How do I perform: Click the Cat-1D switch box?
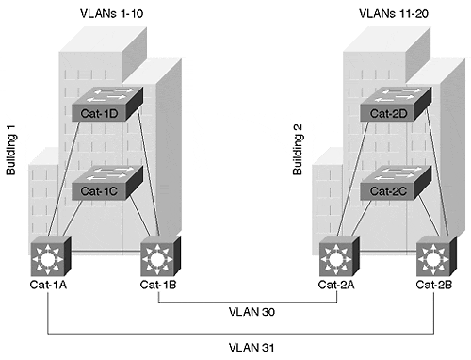click(107, 105)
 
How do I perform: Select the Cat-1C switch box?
click(107, 183)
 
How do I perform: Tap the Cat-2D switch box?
click(396, 105)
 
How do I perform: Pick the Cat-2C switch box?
click(396, 183)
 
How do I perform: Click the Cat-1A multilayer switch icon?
click(51, 256)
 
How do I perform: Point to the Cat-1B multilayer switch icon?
click(161, 256)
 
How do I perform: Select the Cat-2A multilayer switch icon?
click(339, 256)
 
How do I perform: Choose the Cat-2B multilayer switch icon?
click(436, 256)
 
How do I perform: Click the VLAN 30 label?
click(252, 312)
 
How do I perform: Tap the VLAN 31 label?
click(252, 348)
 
